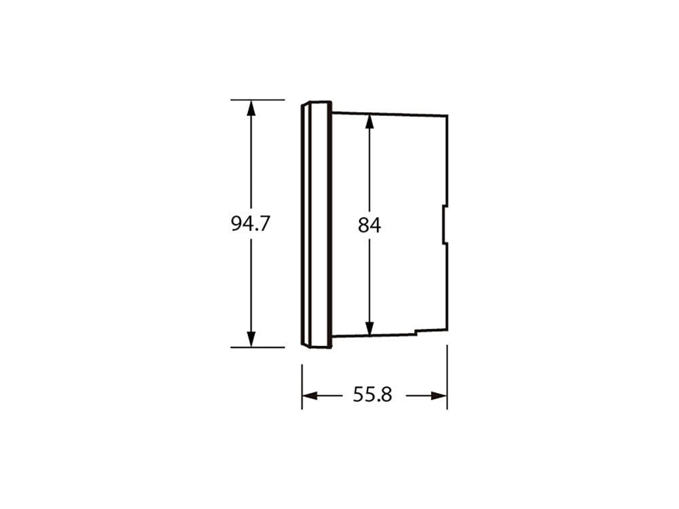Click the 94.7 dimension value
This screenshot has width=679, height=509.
click(251, 224)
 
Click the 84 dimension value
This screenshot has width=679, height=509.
click(369, 225)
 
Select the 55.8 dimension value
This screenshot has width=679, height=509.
click(372, 395)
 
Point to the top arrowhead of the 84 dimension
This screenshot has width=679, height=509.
click(369, 121)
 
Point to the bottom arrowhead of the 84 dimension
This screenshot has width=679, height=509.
click(369, 328)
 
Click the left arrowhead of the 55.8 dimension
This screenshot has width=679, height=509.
click(310, 395)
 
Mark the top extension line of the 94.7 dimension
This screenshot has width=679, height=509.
click(257, 100)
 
